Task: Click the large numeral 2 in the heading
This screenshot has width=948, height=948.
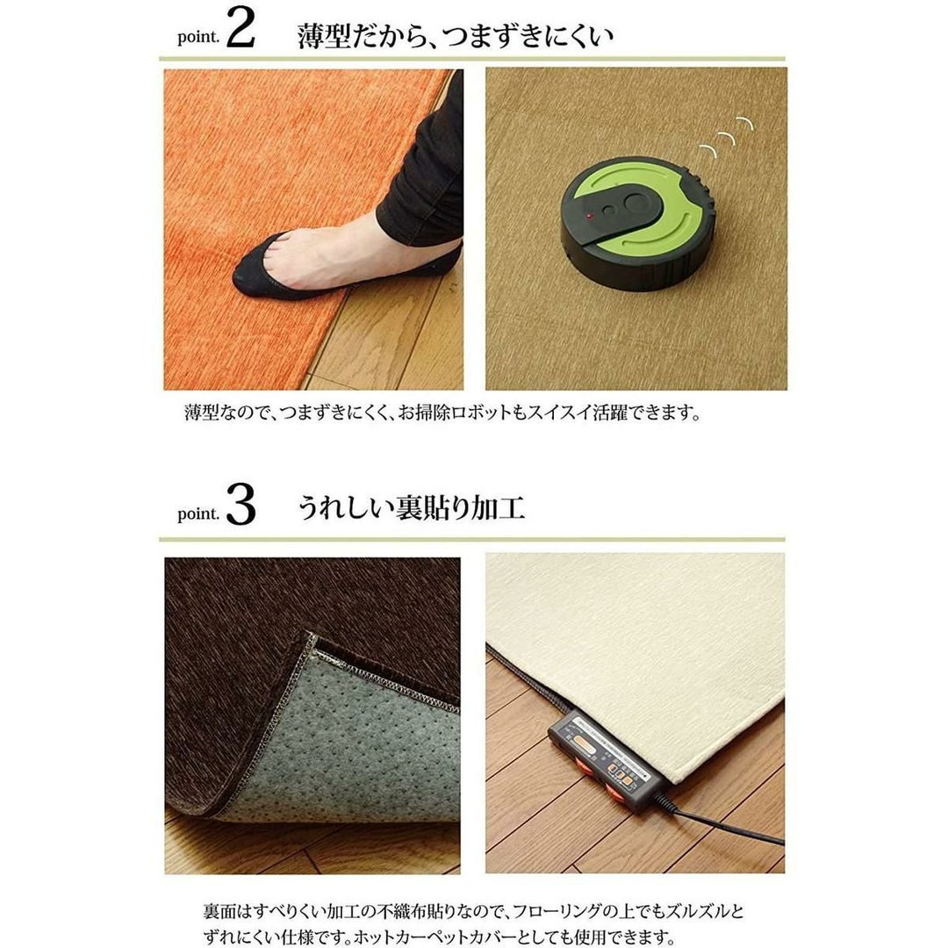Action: click(241, 29)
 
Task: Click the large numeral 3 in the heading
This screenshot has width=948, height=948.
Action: click(241, 506)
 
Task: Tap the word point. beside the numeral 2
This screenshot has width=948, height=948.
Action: click(198, 37)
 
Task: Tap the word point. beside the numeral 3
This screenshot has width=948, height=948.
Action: click(198, 513)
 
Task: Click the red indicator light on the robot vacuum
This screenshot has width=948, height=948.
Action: click(590, 215)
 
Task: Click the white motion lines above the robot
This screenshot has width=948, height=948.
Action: click(726, 137)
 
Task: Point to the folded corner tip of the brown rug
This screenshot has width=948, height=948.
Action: click(311, 636)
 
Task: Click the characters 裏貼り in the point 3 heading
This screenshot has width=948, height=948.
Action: click(434, 508)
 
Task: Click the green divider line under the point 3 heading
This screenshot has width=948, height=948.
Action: click(472, 539)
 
